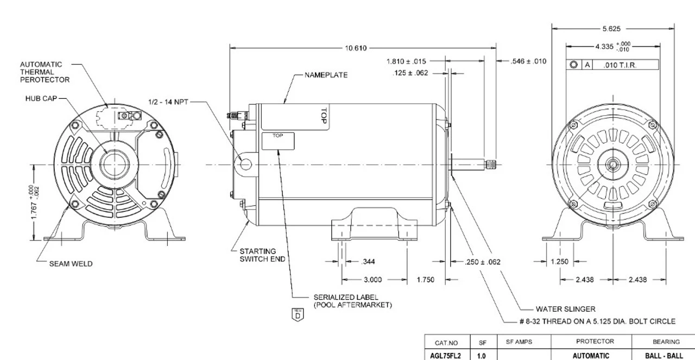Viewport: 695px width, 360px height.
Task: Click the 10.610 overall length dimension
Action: [x=356, y=48]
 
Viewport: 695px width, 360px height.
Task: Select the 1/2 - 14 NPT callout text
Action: [x=167, y=102]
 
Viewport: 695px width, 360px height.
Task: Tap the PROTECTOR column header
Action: [x=591, y=342]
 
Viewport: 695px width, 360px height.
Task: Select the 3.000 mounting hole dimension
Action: [x=372, y=280]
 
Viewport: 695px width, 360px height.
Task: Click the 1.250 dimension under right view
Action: [x=559, y=262]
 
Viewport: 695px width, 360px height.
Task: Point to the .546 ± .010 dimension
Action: [x=528, y=61]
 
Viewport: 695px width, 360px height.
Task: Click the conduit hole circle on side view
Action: [x=246, y=162]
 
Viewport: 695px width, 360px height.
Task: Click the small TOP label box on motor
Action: [x=278, y=141]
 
